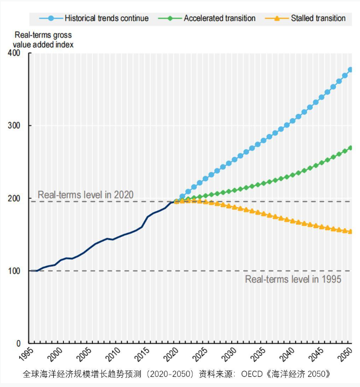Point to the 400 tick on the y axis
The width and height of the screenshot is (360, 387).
(14, 53)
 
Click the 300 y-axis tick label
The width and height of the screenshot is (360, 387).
(14, 126)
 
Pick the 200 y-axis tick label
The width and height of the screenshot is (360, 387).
(14, 199)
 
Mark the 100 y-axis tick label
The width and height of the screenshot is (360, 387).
(14, 271)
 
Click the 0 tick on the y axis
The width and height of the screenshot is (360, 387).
(18, 344)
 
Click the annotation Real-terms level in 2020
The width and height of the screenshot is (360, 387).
(86, 195)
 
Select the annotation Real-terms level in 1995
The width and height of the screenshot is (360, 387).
(293, 279)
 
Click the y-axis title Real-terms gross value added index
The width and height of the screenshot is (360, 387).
(43, 40)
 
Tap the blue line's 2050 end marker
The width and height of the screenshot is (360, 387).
(350, 70)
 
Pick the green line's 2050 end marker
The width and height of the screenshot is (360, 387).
(350, 148)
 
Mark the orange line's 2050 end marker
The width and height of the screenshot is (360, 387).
(350, 231)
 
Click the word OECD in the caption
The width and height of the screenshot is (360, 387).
(252, 374)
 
